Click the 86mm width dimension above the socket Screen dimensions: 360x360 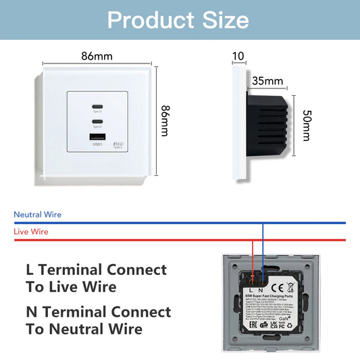tap(97, 56)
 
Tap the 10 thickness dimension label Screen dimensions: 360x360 tap(238, 55)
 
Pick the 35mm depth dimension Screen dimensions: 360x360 tap(263, 81)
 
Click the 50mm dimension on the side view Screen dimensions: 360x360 tap(307, 125)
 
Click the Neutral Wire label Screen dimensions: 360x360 tap(38, 215)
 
